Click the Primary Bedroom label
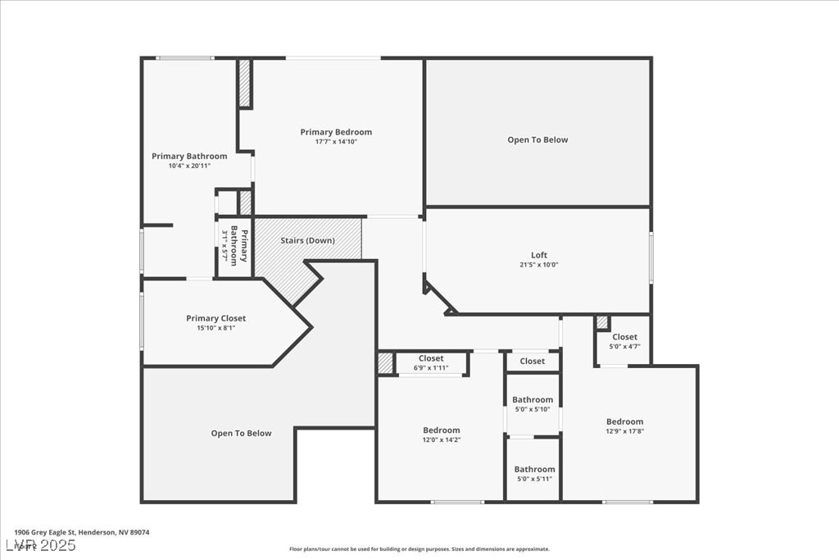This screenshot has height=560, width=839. [336, 132]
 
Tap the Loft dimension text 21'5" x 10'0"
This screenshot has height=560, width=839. [538, 265]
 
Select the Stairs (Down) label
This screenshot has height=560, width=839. [307, 240]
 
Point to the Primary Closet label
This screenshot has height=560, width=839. [215, 318]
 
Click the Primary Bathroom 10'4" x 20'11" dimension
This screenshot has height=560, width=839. [189, 166]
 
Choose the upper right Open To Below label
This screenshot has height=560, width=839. [537, 140]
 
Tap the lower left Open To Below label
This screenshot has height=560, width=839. [241, 433]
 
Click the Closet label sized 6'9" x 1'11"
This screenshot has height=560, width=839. [431, 358]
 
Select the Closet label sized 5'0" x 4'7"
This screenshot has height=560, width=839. [624, 337]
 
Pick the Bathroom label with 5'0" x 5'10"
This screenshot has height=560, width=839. [533, 400]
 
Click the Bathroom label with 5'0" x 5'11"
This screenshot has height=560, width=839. [534, 469]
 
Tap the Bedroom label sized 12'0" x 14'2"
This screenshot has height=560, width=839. [441, 430]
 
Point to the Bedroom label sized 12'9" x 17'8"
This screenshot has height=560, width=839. [624, 422]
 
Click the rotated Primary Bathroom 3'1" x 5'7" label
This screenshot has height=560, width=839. [234, 244]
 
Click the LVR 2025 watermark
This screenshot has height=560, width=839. [40, 545]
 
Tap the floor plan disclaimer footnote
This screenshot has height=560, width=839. [419, 549]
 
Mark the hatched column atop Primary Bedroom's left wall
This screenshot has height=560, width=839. [244, 83]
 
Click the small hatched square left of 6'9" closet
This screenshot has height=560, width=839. [385, 363]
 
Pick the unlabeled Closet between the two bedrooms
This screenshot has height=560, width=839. [532, 361]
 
